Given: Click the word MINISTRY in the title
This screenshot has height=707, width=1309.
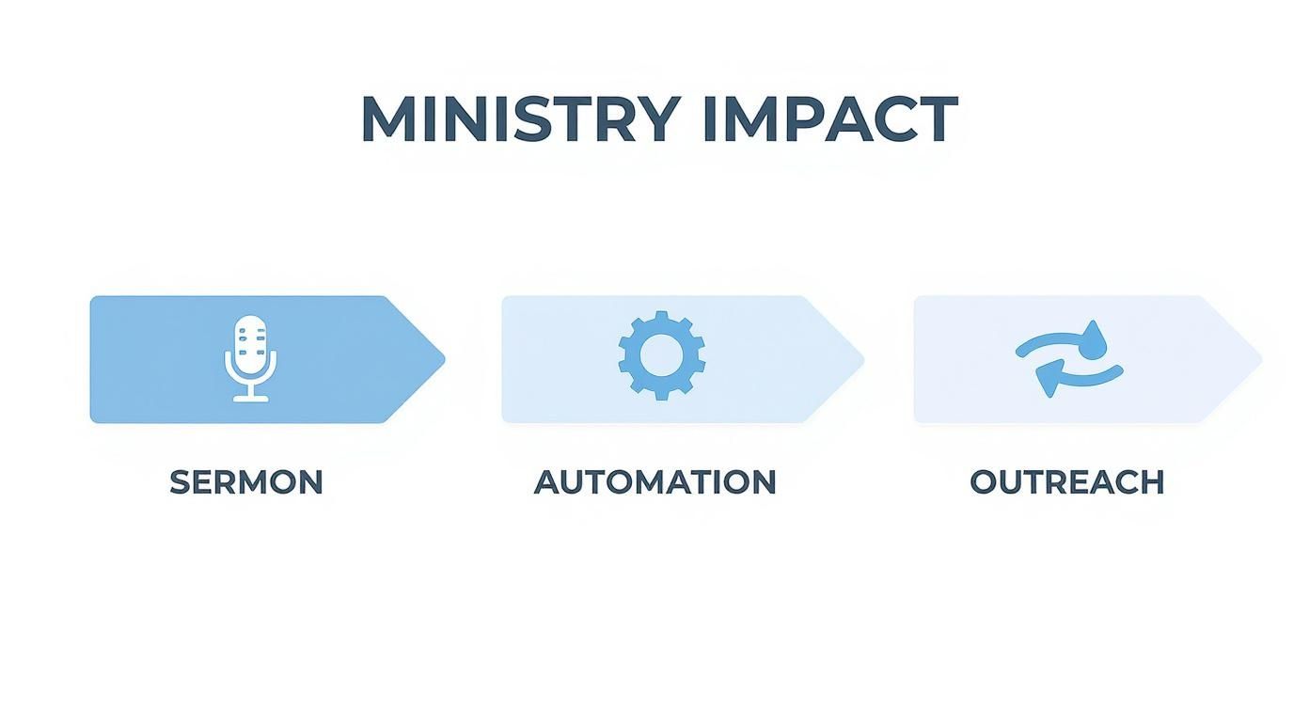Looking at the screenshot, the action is (520, 119).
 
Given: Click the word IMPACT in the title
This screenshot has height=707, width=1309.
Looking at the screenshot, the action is (829, 119).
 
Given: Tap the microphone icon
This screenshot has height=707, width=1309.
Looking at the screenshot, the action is (250, 358).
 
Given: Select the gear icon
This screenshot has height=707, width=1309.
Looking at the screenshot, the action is (661, 355).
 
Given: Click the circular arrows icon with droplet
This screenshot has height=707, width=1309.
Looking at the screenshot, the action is (1069, 358).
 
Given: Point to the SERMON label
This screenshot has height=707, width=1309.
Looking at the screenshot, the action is (246, 482).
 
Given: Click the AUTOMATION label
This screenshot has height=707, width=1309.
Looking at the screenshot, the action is (655, 482).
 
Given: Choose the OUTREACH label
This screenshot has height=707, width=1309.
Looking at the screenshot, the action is (1067, 482).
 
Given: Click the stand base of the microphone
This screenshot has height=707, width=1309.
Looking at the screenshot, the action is (250, 399).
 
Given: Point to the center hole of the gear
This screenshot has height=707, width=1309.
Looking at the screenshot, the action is (661, 355).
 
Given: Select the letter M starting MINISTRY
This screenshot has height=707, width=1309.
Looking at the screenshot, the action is (385, 119).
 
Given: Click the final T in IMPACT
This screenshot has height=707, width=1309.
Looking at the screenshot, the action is (938, 119).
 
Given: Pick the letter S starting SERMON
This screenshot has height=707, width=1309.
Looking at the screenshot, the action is (180, 482).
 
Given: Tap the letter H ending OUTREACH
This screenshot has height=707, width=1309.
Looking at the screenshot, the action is (1152, 482).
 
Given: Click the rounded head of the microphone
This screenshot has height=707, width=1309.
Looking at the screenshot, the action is (250, 341).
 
